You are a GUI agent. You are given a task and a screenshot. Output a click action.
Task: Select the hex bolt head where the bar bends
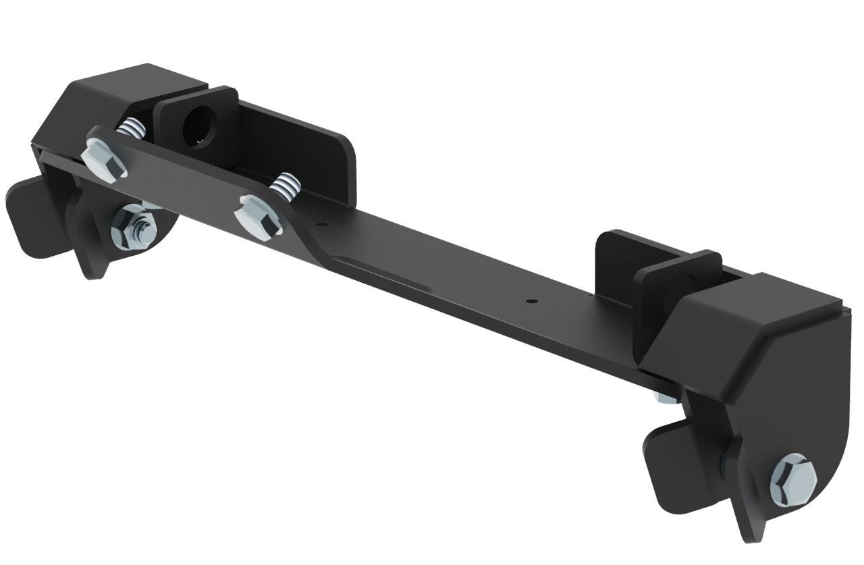(258, 216)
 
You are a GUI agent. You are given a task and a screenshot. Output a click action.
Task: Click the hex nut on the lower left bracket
(134, 227)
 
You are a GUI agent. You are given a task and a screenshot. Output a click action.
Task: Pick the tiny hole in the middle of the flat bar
(531, 300)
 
